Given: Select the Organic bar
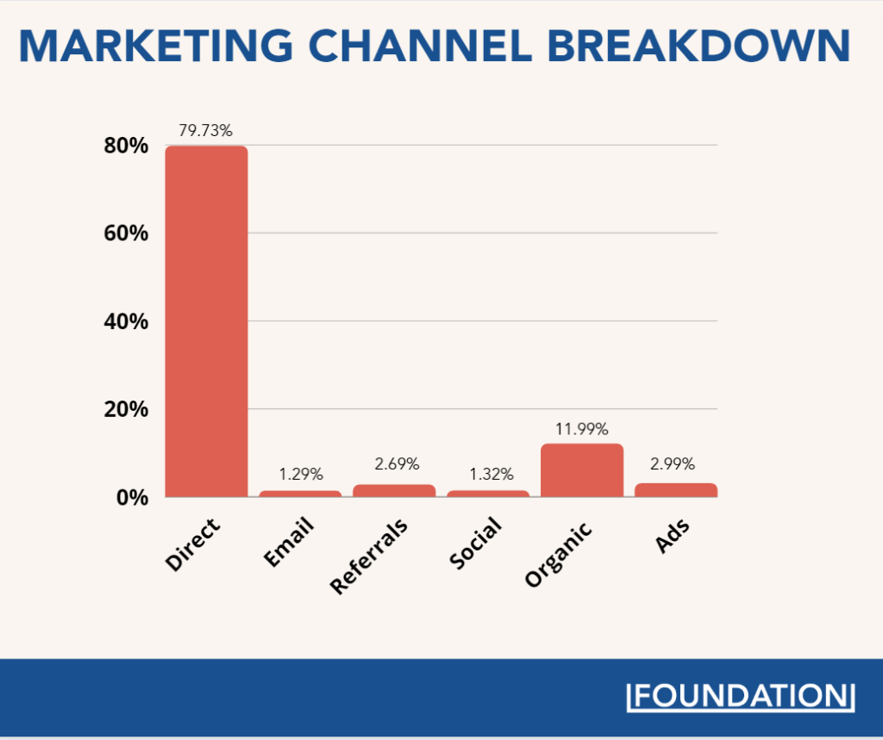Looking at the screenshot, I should coord(581,470).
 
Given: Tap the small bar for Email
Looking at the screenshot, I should coord(300,494).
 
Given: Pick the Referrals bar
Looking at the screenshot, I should coord(394,490).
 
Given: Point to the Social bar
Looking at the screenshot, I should coord(488,494).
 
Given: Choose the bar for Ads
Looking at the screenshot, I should coord(675,489).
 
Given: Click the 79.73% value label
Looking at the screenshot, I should coord(205,131).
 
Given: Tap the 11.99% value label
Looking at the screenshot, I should coord(581,428).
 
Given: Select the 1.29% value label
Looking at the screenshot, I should coord(300,473).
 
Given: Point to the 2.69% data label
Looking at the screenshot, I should coord(397,464).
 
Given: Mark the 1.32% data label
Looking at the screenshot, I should coord(491,473).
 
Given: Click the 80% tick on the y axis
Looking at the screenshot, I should coord(126,146).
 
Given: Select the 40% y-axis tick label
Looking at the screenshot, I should coord(126,321).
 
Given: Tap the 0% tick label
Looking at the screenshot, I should coord(133,498).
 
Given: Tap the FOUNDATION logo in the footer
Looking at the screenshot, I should coord(740,696).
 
